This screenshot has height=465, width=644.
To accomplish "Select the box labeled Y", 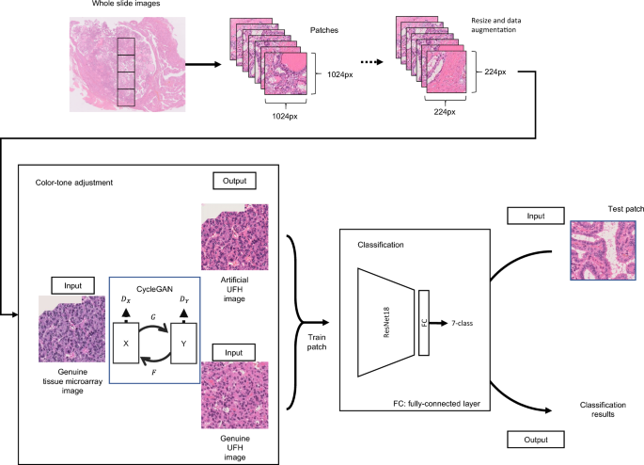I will pyautogui.click(x=182, y=344).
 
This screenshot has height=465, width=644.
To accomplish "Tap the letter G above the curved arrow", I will pyautogui.click(x=154, y=320).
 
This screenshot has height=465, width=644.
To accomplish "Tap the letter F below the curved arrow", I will pyautogui.click(x=154, y=373).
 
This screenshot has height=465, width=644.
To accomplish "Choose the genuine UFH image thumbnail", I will pyautogui.click(x=235, y=385).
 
